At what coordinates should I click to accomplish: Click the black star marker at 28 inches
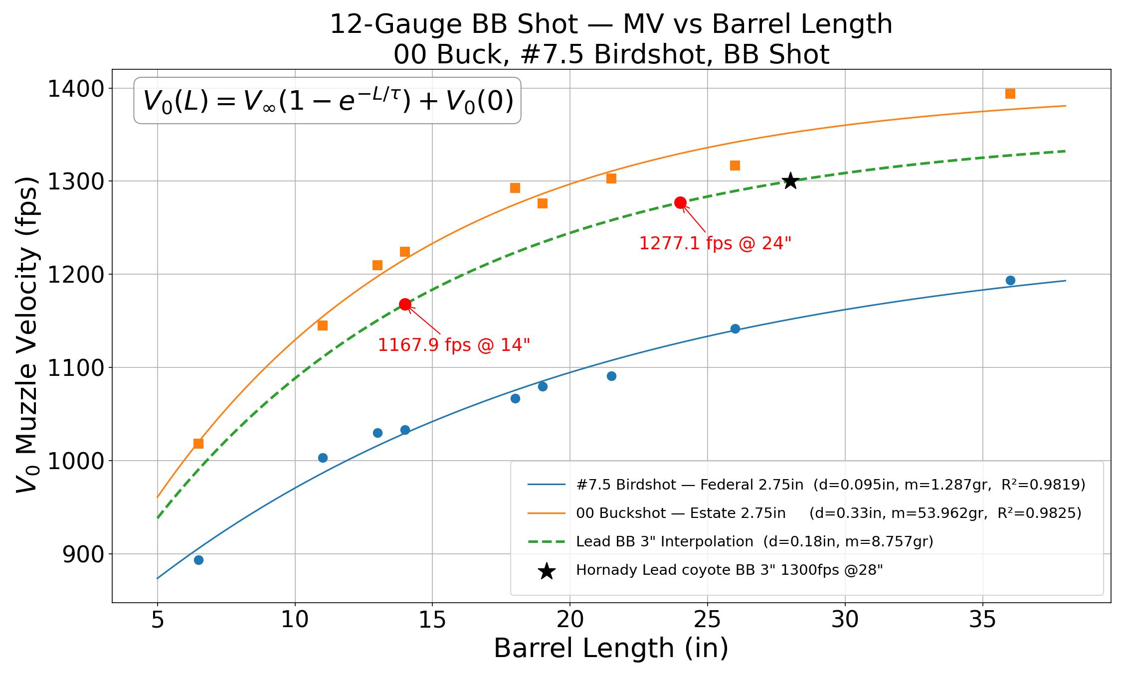point(790,181)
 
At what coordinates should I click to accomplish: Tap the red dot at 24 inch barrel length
point(680,202)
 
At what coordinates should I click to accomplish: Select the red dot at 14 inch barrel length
point(405,304)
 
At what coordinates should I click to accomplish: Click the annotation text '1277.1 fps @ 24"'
point(715,243)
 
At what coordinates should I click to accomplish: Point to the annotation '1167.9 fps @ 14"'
point(454,345)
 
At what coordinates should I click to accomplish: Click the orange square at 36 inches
point(1010,94)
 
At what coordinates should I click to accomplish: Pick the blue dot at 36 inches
point(1010,280)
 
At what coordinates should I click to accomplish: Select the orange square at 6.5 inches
point(198,443)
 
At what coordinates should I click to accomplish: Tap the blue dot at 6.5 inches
point(198,560)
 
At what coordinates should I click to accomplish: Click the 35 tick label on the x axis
point(982,620)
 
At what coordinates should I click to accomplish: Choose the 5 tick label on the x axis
point(158,620)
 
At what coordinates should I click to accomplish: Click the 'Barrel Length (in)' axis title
point(611,649)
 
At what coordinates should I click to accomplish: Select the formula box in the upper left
point(328,101)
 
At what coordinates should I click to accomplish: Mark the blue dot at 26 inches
point(735,329)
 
